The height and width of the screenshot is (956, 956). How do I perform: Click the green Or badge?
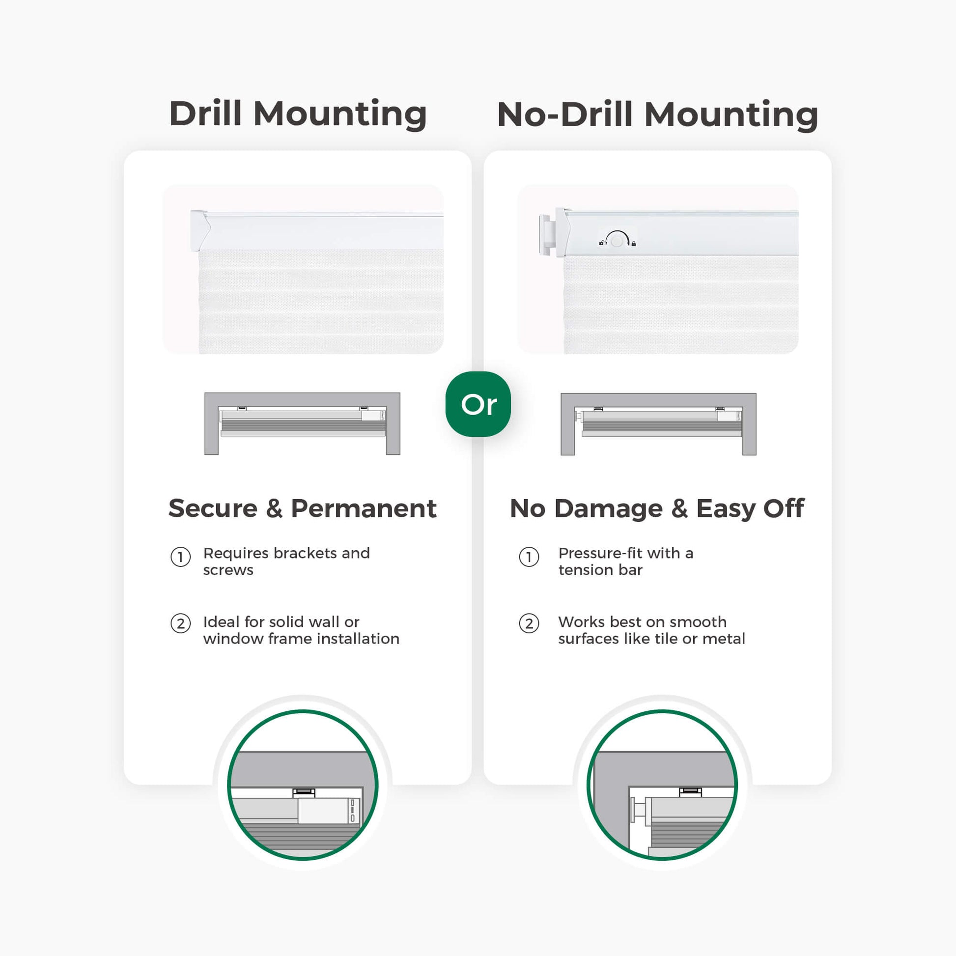click(478, 404)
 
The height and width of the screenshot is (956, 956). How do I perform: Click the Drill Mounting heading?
click(298, 114)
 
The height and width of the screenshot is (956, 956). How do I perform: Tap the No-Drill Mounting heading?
click(658, 114)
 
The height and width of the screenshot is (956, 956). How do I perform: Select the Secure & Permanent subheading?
click(302, 508)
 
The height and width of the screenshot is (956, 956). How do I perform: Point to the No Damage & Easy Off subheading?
click(657, 508)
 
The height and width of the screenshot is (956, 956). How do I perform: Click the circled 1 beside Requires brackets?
click(181, 557)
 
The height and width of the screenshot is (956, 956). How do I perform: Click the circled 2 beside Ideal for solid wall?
click(181, 623)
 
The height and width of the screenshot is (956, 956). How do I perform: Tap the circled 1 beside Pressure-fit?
click(529, 557)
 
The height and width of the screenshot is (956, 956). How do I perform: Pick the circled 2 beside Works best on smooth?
click(529, 623)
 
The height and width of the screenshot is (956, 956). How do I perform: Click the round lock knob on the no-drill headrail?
click(617, 241)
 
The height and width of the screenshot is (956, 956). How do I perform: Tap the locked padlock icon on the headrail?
click(633, 244)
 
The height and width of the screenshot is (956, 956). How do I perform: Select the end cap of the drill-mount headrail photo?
click(200, 230)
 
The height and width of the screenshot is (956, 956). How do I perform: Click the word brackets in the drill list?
click(309, 553)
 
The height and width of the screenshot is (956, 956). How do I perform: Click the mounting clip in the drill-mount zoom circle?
click(304, 793)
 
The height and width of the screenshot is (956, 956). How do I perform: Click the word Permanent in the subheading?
click(364, 508)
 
